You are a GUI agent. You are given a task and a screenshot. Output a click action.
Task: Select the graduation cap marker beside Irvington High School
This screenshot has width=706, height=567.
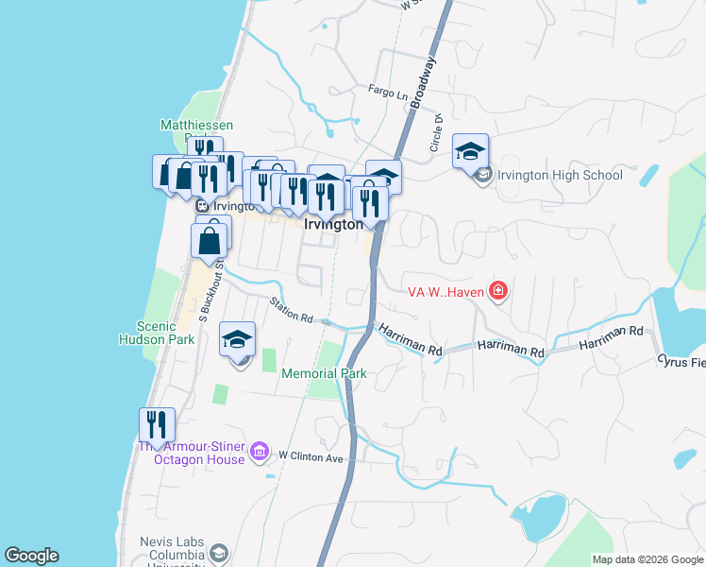pos(470,150)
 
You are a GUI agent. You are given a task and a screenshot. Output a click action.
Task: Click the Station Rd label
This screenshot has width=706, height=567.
pos(291,308)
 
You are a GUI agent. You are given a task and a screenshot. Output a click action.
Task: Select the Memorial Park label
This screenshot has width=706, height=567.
pos(324,373)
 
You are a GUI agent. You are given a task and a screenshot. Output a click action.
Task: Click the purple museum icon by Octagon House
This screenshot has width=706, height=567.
pos(261,455)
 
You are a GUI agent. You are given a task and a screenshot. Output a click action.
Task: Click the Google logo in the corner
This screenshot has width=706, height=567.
pos(31,556)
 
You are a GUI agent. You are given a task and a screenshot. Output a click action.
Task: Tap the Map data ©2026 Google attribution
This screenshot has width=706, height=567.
pos(647,559)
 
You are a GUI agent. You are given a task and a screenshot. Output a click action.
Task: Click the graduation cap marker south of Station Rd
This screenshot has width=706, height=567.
pos(238,340)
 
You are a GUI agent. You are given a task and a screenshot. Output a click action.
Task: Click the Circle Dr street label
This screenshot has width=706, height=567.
pos(437,132)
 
